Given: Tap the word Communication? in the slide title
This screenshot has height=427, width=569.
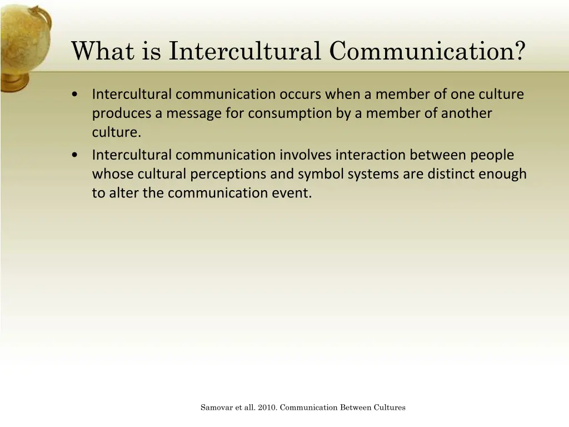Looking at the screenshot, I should [427, 51].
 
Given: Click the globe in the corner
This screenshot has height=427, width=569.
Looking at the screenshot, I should [22, 42].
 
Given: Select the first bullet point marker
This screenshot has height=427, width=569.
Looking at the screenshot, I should [75, 95].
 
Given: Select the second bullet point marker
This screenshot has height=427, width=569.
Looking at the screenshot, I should [75, 155].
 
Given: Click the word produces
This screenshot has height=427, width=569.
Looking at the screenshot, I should [122, 113].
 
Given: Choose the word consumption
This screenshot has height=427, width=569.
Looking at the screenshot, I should [282, 113].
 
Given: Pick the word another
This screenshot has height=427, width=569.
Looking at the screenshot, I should [467, 113].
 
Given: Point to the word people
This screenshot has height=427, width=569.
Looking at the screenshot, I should [490, 155].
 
